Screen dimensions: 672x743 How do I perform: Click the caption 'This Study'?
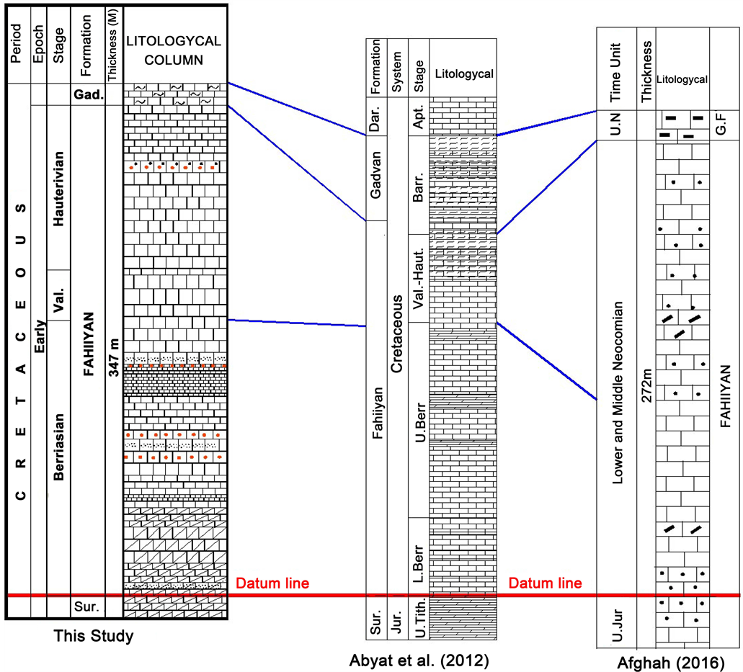pyautogui.click(x=94, y=637)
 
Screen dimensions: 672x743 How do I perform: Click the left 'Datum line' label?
pyautogui.click(x=273, y=583)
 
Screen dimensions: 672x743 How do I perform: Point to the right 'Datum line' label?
pyautogui.click(x=546, y=583)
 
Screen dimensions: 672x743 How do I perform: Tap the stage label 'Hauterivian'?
pyautogui.click(x=60, y=189)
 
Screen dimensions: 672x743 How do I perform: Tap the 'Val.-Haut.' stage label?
pyautogui.click(x=417, y=278)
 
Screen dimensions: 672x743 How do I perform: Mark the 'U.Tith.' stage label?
pyautogui.click(x=417, y=618)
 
